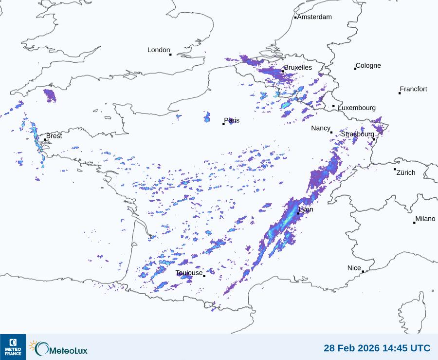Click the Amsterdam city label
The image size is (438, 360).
pyautogui.click(x=314, y=17)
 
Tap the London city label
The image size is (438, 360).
pyautogui.click(x=159, y=50)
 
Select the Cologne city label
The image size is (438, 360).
pyautogui.click(x=368, y=66)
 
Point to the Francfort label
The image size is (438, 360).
pyautogui.click(x=413, y=89)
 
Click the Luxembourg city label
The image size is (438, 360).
pyautogui.click(x=357, y=108)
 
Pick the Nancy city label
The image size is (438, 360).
pyautogui.click(x=321, y=128)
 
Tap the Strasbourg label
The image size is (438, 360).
pyautogui.click(x=357, y=134)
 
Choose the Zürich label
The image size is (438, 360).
pyautogui.click(x=406, y=172)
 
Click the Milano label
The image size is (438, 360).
pyautogui.click(x=425, y=219)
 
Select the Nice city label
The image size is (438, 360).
pyautogui.click(x=354, y=268)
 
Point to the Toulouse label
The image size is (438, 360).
pyautogui.click(x=189, y=273)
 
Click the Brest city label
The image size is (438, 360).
pyautogui.click(x=54, y=136)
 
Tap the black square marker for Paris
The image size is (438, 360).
pyautogui.click(x=223, y=124)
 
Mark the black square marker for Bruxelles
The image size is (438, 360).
pyautogui.click(x=283, y=72)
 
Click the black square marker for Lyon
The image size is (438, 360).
pyautogui.click(x=298, y=213)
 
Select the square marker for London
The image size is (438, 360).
pyautogui.click(x=170, y=55)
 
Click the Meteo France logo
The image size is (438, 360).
pyautogui.click(x=13, y=347)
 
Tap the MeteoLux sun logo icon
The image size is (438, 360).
pyautogui.click(x=34, y=346)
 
